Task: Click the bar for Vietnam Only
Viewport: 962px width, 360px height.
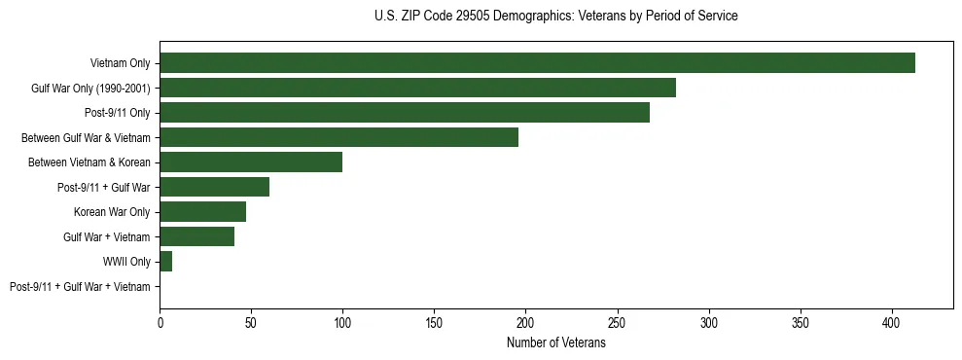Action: pos(537,63)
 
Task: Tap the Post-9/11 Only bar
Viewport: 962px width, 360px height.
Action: pos(405,113)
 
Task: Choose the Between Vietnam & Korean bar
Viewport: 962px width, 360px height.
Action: pos(251,162)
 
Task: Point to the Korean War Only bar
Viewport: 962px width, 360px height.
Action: pos(202,212)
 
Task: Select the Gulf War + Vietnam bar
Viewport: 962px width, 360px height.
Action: pos(196,236)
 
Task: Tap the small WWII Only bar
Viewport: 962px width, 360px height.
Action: pos(165,262)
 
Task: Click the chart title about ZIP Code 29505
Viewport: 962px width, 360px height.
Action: pos(555,17)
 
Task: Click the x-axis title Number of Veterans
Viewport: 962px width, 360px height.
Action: pos(555,343)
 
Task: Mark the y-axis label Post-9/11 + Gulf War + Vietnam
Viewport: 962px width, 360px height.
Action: pos(80,287)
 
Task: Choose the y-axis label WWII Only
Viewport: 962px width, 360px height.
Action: pos(126,262)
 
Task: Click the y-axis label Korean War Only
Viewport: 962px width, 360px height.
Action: pos(112,212)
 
